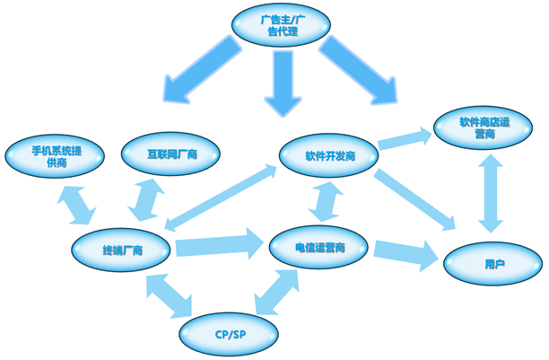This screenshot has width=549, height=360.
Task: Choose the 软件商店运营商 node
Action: (484, 127)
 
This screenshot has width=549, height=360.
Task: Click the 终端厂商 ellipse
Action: (124, 248)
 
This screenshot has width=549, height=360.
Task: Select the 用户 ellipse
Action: (492, 263)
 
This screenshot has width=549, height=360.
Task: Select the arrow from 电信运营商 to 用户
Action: (408, 253)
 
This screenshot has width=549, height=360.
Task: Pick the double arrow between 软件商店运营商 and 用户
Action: (490, 192)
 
